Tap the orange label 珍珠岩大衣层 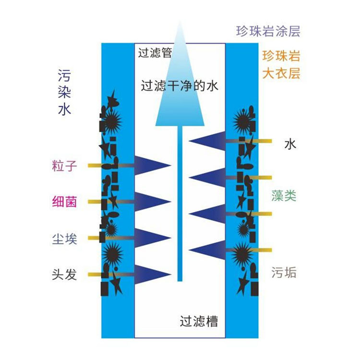tap(281, 65)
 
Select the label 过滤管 tap(155, 52)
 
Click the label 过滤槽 tap(199, 321)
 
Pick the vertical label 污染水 tap(64, 92)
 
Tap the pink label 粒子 tap(64, 166)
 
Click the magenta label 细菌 tap(64, 202)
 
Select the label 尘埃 tap(64, 238)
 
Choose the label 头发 tap(64, 275)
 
